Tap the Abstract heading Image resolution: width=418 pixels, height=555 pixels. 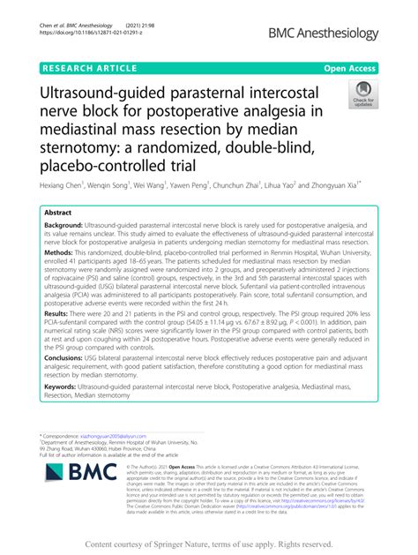pyautogui.click(x=61, y=214)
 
